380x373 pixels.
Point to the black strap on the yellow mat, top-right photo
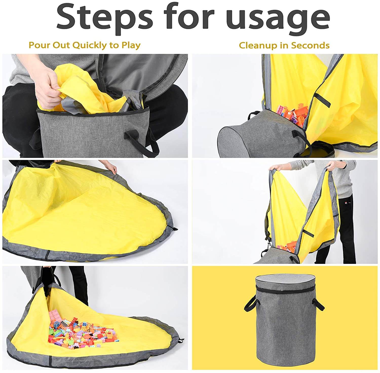coord(322,99)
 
